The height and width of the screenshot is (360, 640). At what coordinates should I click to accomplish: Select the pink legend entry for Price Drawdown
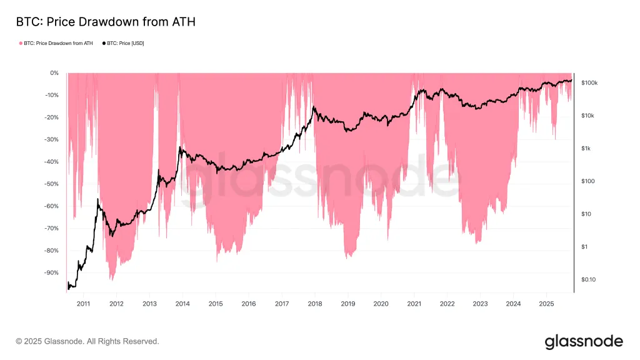tap(57, 43)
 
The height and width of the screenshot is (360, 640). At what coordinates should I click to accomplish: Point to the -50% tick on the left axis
tap(51, 184)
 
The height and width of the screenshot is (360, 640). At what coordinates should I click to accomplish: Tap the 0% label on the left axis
tap(54, 73)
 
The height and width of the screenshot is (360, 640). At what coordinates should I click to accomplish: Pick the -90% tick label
tap(51, 272)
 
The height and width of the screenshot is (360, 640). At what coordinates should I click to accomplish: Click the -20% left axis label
tap(51, 117)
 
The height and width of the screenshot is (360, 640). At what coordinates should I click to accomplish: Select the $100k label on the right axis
tap(589, 83)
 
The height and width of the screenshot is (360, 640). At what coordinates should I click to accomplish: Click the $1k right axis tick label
tap(586, 149)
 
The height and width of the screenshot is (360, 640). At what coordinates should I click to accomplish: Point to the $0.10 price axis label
tap(588, 280)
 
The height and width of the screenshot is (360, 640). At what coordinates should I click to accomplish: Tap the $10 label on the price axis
tap(586, 214)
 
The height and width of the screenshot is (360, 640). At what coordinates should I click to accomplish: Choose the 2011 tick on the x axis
tap(83, 304)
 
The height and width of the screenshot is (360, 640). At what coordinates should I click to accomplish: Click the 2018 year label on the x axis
tap(315, 304)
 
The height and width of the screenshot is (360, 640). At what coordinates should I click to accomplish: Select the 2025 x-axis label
tap(546, 304)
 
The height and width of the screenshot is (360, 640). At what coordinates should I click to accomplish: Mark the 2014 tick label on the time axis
tap(182, 304)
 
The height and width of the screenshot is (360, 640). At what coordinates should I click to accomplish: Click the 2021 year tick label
tap(414, 304)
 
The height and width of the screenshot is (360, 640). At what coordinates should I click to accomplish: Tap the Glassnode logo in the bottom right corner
tap(584, 341)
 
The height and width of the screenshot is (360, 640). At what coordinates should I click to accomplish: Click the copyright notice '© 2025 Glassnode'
tap(87, 341)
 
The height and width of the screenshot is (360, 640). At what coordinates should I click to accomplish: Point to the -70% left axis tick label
tap(51, 228)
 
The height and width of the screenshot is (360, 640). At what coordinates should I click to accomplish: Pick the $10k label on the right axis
tap(587, 116)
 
